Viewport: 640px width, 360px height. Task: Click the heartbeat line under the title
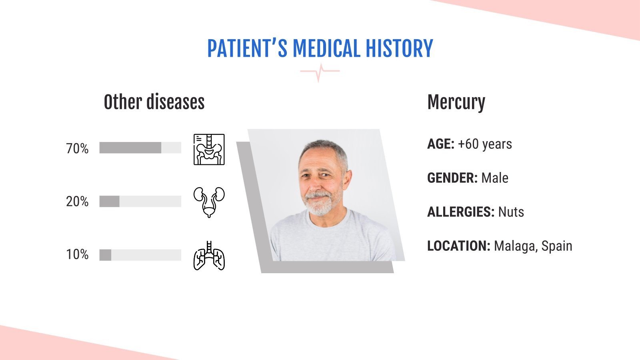coord(320,72)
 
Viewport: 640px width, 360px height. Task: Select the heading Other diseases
coord(154,102)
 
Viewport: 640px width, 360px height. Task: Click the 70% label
coord(77,149)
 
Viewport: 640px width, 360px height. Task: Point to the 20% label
coord(77,202)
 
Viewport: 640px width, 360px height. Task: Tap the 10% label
coord(77,254)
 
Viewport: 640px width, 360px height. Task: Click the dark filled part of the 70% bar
coord(130,148)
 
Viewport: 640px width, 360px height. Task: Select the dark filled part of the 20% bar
coord(109,201)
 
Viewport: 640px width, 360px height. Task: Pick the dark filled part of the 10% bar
coord(105,255)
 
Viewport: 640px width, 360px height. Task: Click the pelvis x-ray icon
coord(209,149)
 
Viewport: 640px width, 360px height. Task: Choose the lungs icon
coord(209,256)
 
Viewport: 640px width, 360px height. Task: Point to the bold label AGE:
coord(440,144)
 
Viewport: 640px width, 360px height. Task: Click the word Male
coord(495,178)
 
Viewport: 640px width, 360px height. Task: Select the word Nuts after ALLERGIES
coord(511,212)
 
